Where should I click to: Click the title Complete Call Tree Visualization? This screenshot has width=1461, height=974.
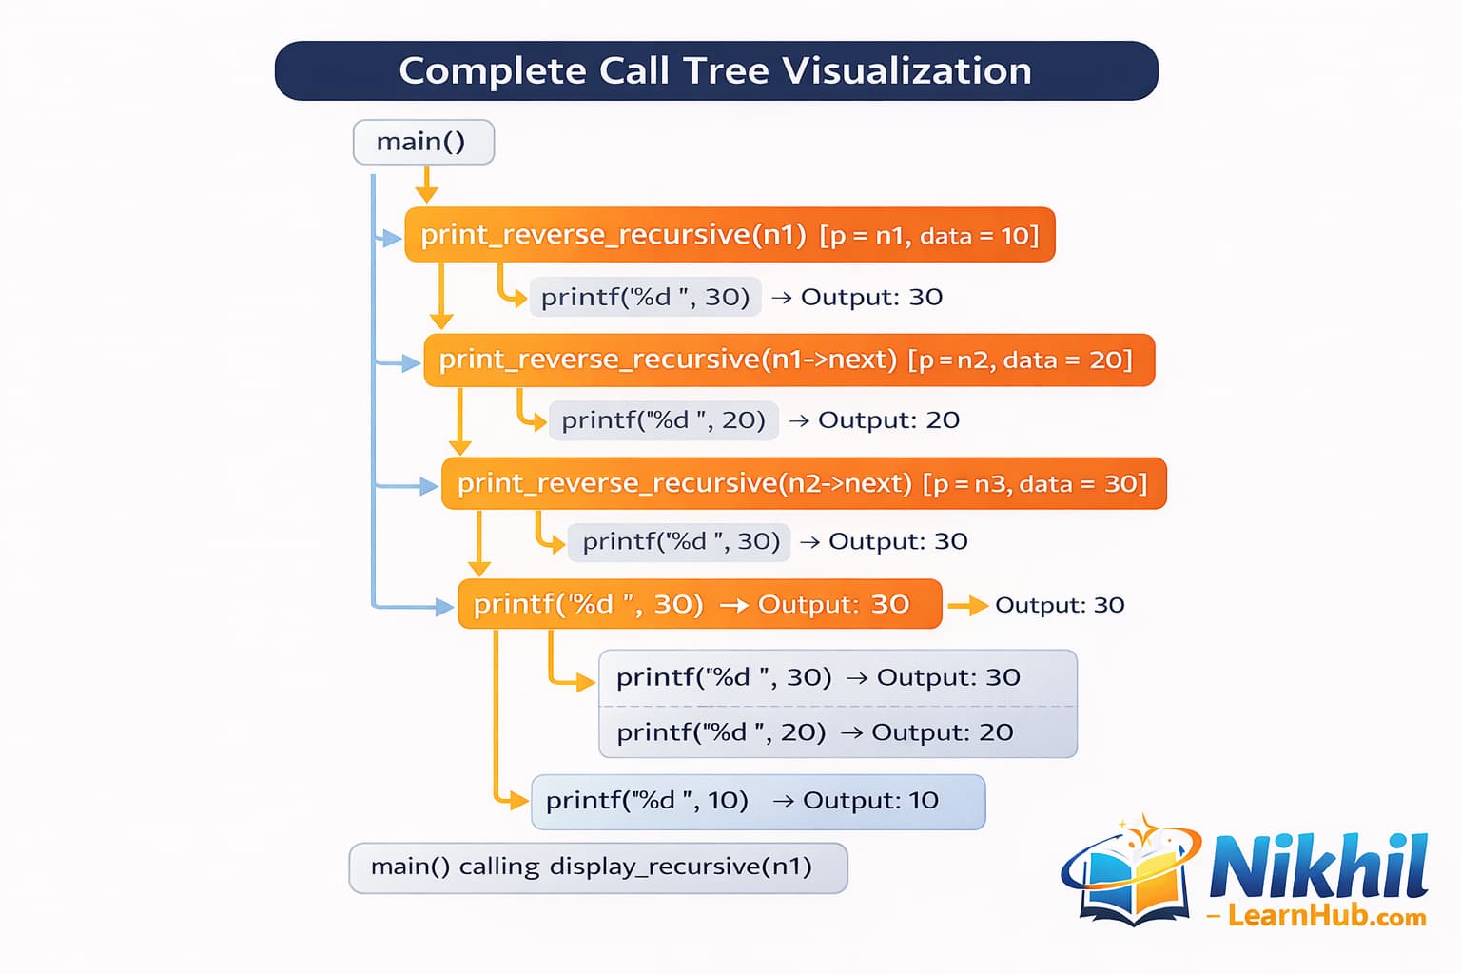pos(715,71)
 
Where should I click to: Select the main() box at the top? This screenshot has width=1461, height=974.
pos(422,142)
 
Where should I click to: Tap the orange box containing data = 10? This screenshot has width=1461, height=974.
pos(730,235)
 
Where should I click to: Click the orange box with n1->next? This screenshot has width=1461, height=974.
pos(789,360)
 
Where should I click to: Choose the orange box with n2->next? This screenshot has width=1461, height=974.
pos(803,484)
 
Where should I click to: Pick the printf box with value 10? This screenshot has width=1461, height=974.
pos(757,802)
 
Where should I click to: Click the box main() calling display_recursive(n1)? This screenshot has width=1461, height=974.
pos(597,867)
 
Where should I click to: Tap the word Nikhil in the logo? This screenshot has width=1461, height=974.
pos(1318,866)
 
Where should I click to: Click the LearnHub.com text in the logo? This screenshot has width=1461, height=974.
pos(1326,917)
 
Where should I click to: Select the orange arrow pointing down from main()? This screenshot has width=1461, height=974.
pos(427,185)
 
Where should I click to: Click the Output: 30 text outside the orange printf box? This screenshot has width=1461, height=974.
pos(1060,605)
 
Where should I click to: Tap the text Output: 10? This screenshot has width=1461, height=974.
pos(870,801)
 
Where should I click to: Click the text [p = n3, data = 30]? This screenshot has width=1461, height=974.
pos(1035,484)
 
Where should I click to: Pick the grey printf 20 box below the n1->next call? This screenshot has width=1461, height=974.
pos(663,420)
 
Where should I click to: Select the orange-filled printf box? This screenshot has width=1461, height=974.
pos(699,604)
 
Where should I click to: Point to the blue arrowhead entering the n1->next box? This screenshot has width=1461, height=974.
pos(411,363)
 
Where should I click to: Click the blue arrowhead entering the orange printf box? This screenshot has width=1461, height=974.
pos(444,606)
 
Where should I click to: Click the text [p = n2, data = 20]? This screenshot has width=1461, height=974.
pos(1020,360)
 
